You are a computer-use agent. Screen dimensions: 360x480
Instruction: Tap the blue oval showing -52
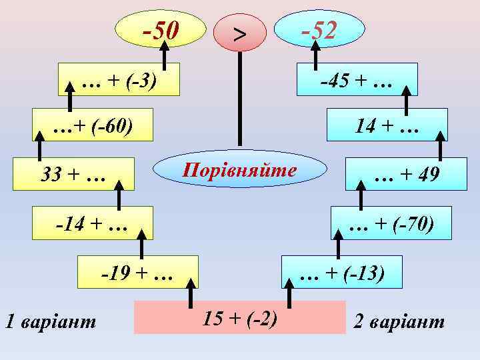click(320, 30)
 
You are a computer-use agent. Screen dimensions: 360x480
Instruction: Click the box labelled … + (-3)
click(119, 80)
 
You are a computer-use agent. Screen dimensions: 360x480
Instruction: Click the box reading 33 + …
click(73, 175)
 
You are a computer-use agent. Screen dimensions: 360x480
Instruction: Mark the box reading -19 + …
click(137, 272)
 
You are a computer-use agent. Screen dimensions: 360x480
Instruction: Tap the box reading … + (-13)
click(342, 272)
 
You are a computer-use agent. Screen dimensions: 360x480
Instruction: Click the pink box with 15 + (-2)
click(240, 317)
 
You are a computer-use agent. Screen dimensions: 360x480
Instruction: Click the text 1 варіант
click(50, 322)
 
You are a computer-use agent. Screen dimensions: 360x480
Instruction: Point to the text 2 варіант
click(399, 322)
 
